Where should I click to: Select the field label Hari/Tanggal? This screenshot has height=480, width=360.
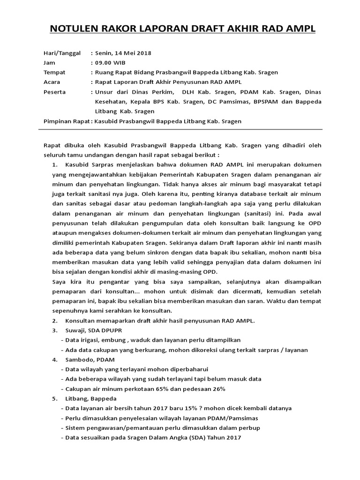point(62,53)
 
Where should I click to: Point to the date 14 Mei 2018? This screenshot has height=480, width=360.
point(132,53)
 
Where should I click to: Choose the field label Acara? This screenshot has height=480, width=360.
point(52,82)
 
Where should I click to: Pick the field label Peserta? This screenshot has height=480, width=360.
point(54,92)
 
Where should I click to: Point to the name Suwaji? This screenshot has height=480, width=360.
point(76,330)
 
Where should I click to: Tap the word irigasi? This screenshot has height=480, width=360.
point(89,340)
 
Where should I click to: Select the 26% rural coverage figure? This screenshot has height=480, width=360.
point(218,389)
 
